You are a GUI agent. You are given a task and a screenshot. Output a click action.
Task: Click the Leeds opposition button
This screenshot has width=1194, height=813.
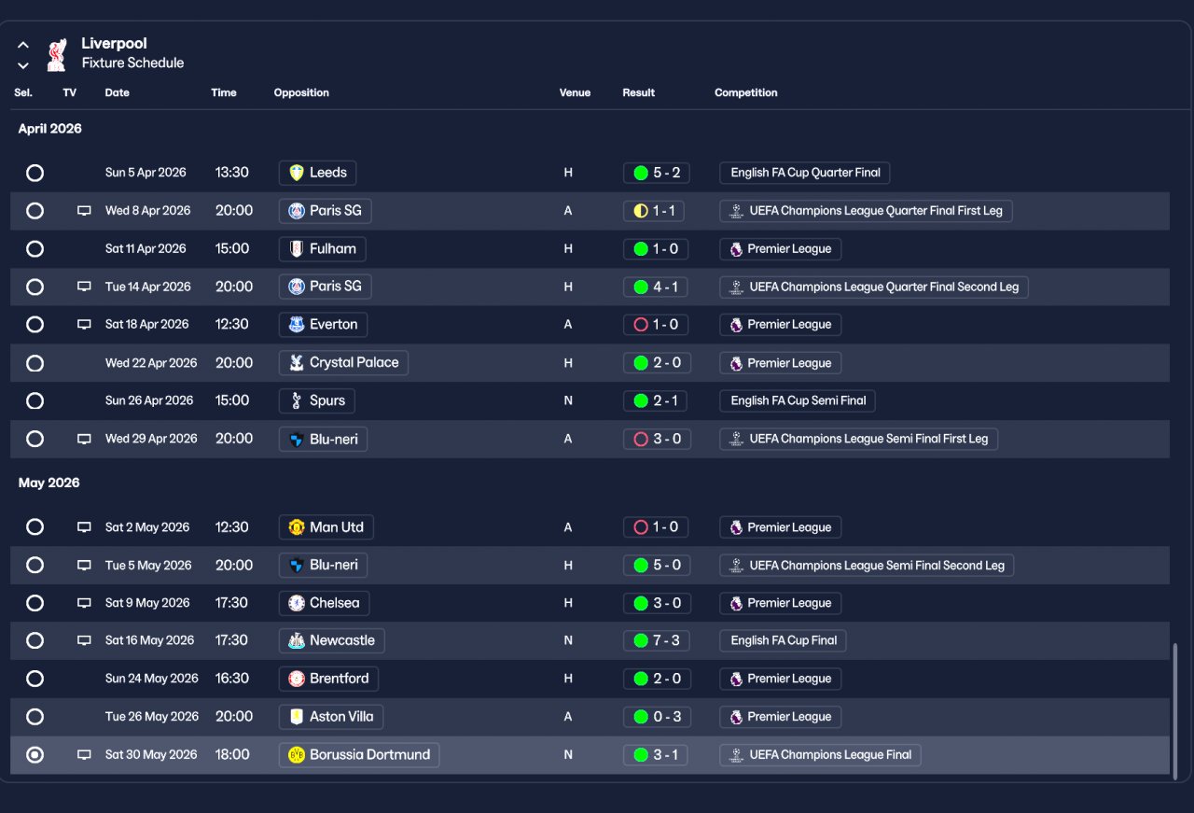coord(317,173)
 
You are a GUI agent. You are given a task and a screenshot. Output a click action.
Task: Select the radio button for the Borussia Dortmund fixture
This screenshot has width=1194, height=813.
coord(35,755)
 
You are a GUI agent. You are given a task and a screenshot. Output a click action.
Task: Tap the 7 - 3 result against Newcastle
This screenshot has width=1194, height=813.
coord(657,641)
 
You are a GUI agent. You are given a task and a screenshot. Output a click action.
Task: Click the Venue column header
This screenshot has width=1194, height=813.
coord(575,93)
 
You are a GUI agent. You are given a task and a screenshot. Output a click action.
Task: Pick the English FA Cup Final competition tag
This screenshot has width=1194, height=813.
coord(784,641)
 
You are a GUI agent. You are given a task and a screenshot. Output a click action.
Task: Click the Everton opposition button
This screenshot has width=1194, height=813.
coord(323,325)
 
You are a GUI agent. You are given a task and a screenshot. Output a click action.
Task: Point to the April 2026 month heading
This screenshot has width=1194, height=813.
coord(50,129)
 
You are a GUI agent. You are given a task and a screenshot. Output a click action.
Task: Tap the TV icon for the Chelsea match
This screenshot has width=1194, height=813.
coord(84,603)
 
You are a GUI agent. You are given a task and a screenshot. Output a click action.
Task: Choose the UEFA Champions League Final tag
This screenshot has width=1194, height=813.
coord(820,755)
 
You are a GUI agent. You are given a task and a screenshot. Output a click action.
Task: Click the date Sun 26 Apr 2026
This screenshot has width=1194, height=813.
coord(149,400)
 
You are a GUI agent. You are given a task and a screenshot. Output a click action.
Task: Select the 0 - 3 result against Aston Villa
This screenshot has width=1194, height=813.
coord(657,717)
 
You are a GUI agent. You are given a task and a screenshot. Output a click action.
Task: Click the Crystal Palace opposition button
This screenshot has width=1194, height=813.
coord(343,363)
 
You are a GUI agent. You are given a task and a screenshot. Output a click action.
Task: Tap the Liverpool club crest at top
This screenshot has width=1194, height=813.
coord(57,54)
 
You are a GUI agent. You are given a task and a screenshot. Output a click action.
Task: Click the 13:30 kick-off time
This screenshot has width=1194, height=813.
coord(231,173)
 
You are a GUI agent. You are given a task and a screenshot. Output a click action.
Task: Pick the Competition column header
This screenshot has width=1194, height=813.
coord(745,93)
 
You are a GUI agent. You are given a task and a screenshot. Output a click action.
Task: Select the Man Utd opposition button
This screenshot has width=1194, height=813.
coord(326,527)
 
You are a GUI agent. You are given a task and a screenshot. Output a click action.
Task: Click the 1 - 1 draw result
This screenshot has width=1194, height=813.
coord(654,211)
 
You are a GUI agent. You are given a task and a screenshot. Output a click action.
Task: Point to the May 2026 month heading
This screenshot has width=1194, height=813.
coord(49,484)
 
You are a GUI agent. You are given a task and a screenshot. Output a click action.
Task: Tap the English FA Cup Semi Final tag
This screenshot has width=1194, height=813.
coord(798,400)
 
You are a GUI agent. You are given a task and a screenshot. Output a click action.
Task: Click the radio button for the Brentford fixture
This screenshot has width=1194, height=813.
coord(35,679)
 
